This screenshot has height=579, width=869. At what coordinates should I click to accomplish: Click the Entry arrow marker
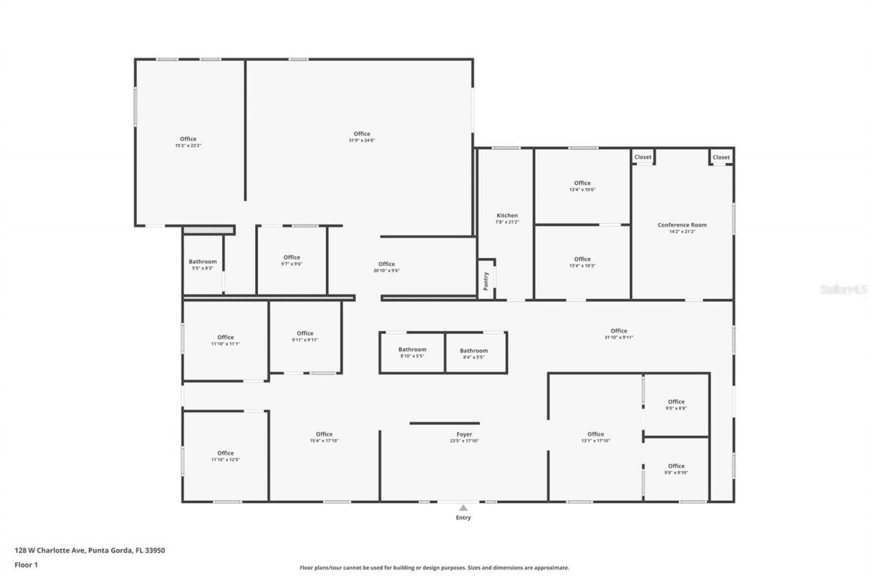click(x=463, y=507)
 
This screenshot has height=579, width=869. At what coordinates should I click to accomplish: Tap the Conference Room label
click(x=682, y=225)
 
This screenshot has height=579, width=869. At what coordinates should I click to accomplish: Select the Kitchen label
click(x=507, y=215)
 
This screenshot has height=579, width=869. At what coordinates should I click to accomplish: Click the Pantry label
click(x=485, y=281)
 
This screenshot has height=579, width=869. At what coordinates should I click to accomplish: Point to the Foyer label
click(x=464, y=434)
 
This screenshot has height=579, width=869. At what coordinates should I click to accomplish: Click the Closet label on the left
click(x=643, y=157)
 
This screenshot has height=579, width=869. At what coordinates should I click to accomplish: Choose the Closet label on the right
click(x=721, y=157)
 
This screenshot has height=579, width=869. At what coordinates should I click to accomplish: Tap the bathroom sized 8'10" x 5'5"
click(x=412, y=352)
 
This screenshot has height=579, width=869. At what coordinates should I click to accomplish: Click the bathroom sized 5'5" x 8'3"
click(x=202, y=265)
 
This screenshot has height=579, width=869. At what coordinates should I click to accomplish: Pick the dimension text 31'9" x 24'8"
click(x=362, y=141)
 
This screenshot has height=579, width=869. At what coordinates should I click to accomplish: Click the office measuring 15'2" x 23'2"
click(x=188, y=142)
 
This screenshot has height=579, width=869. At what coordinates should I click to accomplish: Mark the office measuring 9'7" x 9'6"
click(x=292, y=260)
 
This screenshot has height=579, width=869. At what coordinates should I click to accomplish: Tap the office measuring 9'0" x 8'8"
click(x=676, y=405)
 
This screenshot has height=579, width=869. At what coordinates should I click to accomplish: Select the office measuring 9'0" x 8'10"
click(x=676, y=469)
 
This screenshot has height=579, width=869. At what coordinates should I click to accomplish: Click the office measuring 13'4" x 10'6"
click(x=582, y=186)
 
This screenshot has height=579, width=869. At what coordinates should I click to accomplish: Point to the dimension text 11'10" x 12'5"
click(x=225, y=460)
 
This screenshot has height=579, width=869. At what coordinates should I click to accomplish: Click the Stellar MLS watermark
click(x=843, y=289)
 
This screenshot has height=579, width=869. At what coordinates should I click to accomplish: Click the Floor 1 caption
click(x=26, y=564)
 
